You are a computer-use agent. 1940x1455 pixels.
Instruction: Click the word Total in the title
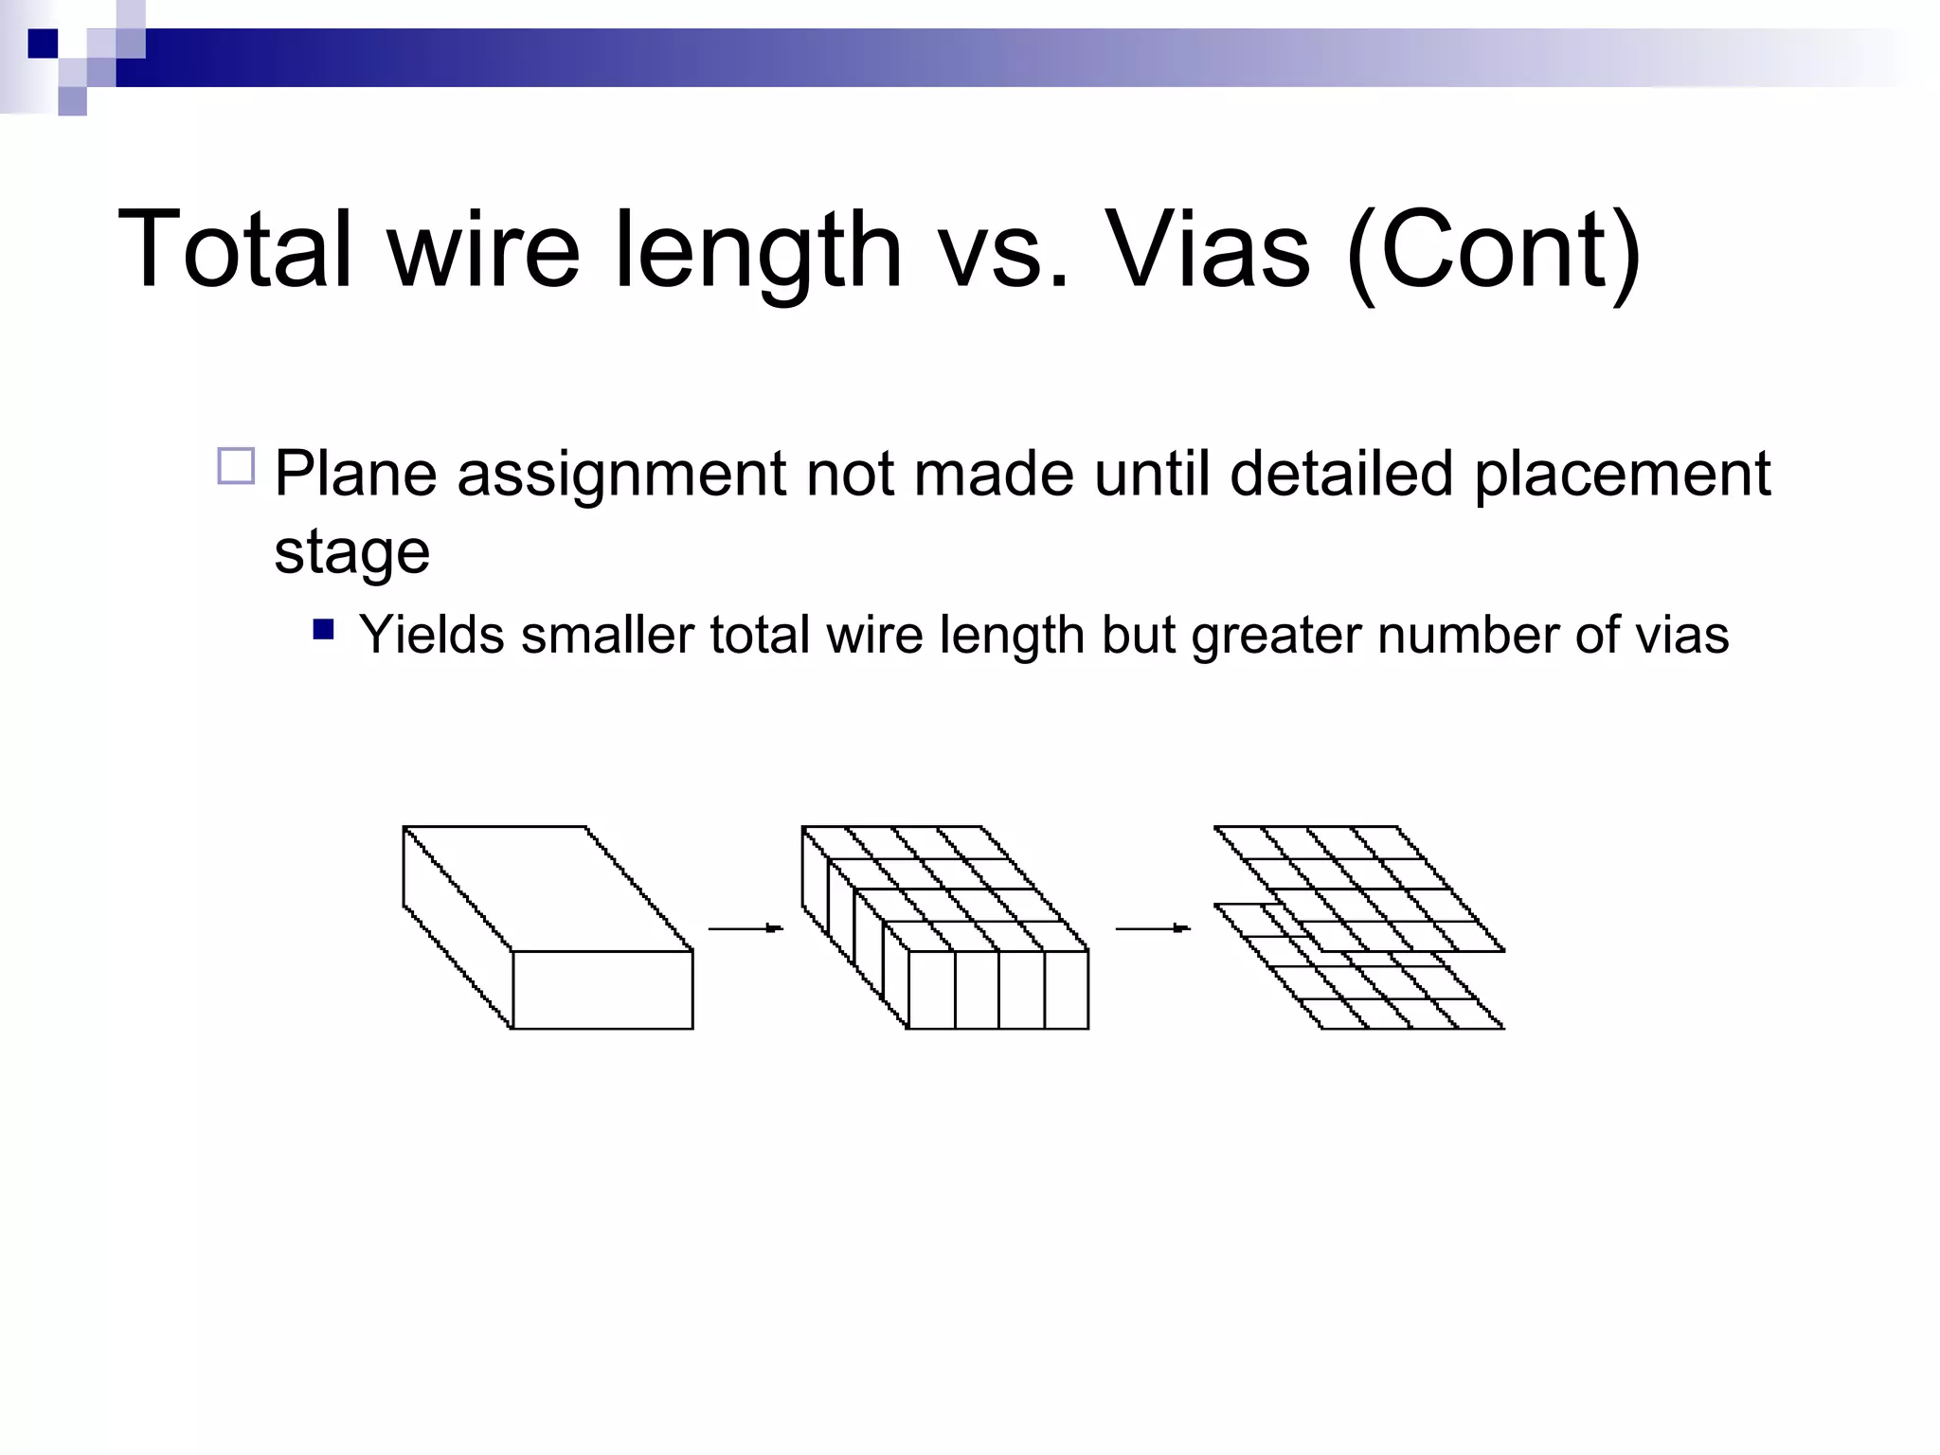[x=236, y=249]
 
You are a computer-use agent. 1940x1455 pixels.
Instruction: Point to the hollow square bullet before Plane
[x=236, y=467]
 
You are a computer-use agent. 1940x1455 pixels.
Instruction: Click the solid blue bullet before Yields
[x=324, y=630]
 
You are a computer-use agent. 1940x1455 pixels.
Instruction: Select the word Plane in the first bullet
[x=355, y=473]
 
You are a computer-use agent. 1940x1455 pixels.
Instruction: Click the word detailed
[x=1340, y=473]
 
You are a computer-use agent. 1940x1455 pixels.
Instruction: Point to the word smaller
[x=607, y=634]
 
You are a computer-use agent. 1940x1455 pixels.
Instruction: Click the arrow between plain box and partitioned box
[x=745, y=928]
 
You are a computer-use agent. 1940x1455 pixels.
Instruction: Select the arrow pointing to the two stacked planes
[x=1153, y=928]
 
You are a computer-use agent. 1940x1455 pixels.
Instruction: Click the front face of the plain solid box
[x=602, y=990]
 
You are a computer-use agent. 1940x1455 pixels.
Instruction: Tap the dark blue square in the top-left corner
[x=43, y=44]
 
